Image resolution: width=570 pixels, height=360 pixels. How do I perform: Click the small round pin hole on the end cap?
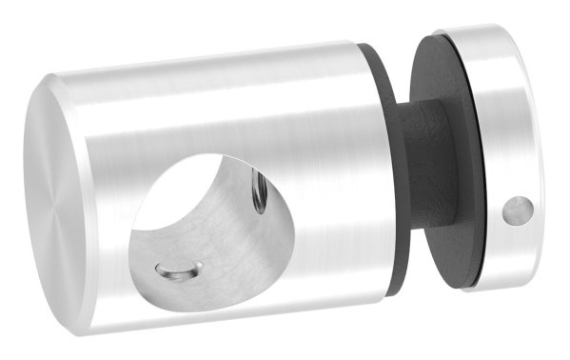517,210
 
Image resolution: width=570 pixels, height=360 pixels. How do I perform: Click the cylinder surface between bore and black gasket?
324,190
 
